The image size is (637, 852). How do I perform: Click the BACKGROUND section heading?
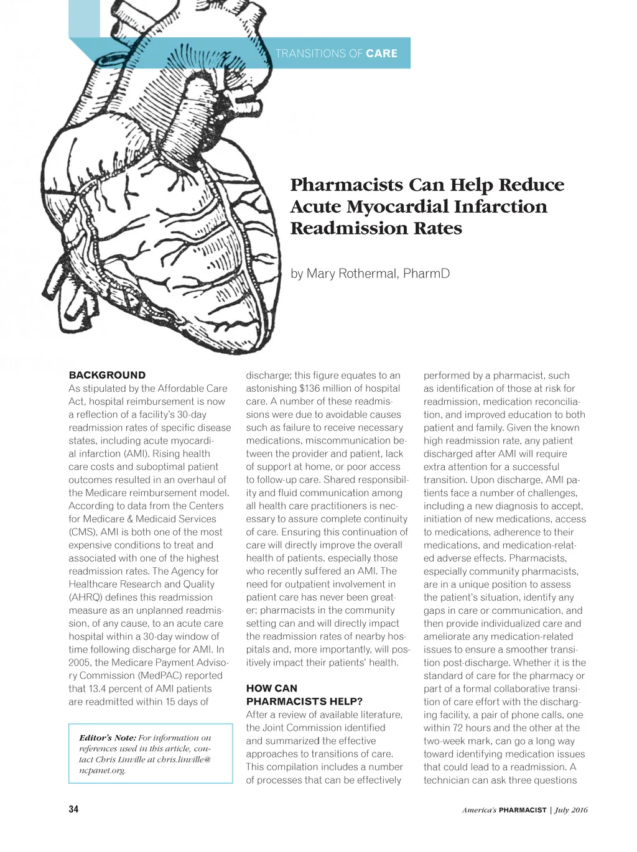click(107, 375)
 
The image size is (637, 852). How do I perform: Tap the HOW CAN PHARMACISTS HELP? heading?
click(304, 695)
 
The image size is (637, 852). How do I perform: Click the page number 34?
click(73, 809)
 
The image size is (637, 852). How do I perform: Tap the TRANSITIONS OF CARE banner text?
click(336, 53)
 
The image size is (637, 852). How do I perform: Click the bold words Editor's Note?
click(107, 738)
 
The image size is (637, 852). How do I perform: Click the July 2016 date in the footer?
click(571, 810)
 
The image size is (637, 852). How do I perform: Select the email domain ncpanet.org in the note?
click(102, 770)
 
